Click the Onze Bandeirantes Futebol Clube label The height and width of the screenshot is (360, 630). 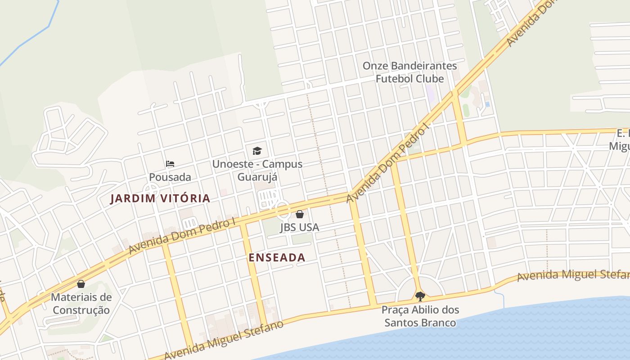(409, 72)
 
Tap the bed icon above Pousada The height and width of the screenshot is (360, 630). (170, 164)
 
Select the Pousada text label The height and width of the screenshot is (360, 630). (170, 177)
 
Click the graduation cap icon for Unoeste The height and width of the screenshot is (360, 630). (257, 151)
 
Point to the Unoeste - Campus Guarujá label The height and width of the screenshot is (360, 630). (257, 170)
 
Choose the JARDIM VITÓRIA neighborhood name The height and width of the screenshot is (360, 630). (160, 198)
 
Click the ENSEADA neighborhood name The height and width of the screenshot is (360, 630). (277, 257)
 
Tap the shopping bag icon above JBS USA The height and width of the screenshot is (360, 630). (300, 214)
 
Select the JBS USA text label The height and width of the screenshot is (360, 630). (300, 227)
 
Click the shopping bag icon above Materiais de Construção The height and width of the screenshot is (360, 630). (81, 284)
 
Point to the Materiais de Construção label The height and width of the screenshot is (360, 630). (81, 304)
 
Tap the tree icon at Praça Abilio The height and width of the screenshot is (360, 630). (420, 296)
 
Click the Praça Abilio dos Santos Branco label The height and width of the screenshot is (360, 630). (420, 316)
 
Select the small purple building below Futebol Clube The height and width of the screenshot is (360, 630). (430, 94)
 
